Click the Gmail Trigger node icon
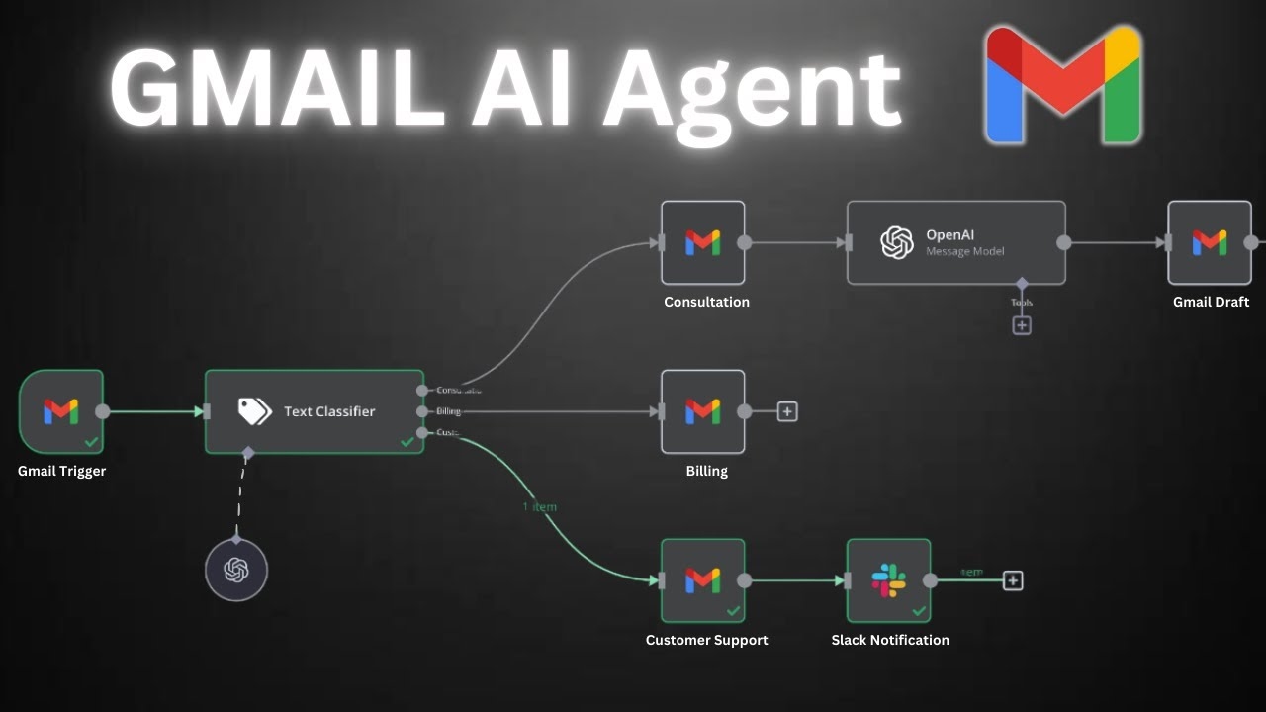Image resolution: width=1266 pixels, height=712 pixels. [60, 411]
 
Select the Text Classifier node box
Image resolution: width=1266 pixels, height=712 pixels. [315, 411]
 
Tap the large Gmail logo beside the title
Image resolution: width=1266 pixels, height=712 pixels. [1064, 86]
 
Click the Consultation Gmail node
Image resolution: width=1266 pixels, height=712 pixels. [702, 243]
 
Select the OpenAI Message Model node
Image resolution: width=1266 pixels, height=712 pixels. [955, 243]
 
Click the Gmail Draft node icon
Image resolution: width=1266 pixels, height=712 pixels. [1209, 243]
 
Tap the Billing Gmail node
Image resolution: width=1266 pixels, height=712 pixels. [702, 411]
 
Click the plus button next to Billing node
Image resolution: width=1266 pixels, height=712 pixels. [787, 411]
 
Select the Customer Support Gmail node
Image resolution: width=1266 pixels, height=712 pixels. [702, 580]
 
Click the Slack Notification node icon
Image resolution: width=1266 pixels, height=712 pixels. [888, 580]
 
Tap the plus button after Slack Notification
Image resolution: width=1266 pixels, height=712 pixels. [1013, 580]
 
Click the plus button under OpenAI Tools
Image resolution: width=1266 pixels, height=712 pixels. [1022, 324]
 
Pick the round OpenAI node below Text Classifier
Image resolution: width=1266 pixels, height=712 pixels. [236, 570]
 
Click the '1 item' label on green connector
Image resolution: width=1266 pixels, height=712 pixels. [540, 506]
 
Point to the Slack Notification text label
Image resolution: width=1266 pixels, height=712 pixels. [889, 640]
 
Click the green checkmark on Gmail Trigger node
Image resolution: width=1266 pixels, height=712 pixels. [91, 441]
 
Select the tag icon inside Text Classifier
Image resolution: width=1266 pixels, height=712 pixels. [255, 411]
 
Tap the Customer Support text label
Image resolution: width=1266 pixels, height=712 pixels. [706, 640]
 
